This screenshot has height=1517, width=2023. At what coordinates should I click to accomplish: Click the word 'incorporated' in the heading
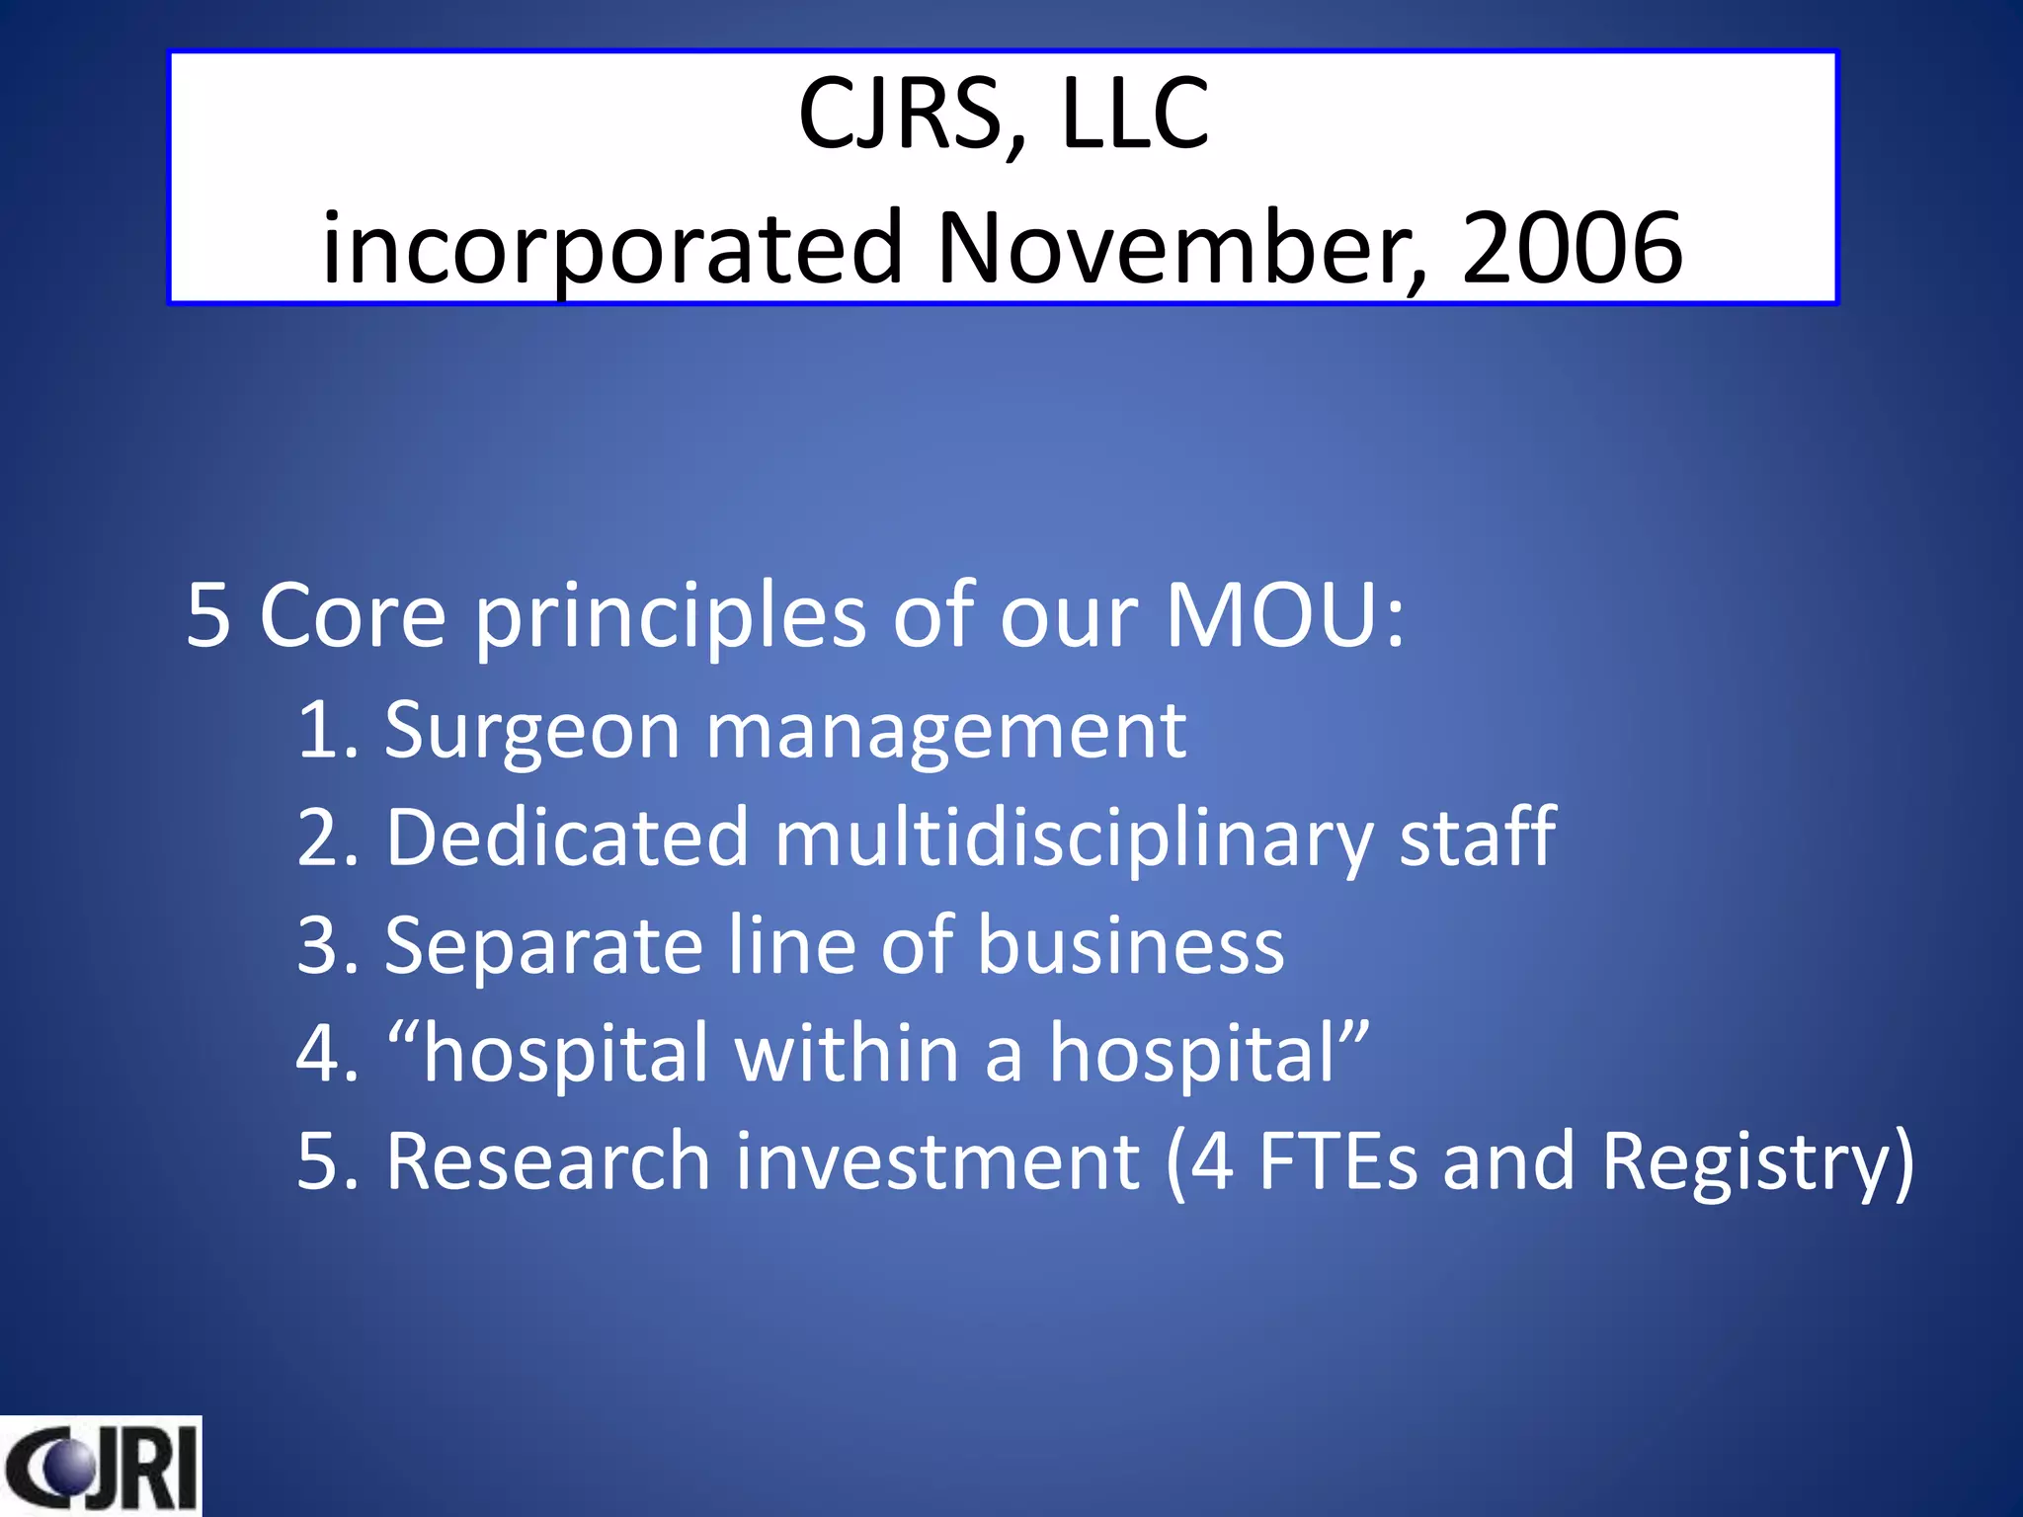[612, 249]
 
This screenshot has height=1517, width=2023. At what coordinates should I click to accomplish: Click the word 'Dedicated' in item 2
[567, 838]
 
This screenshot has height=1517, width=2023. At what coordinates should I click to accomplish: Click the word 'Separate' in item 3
[544, 946]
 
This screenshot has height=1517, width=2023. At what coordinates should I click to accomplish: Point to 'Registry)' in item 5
[1757, 1163]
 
